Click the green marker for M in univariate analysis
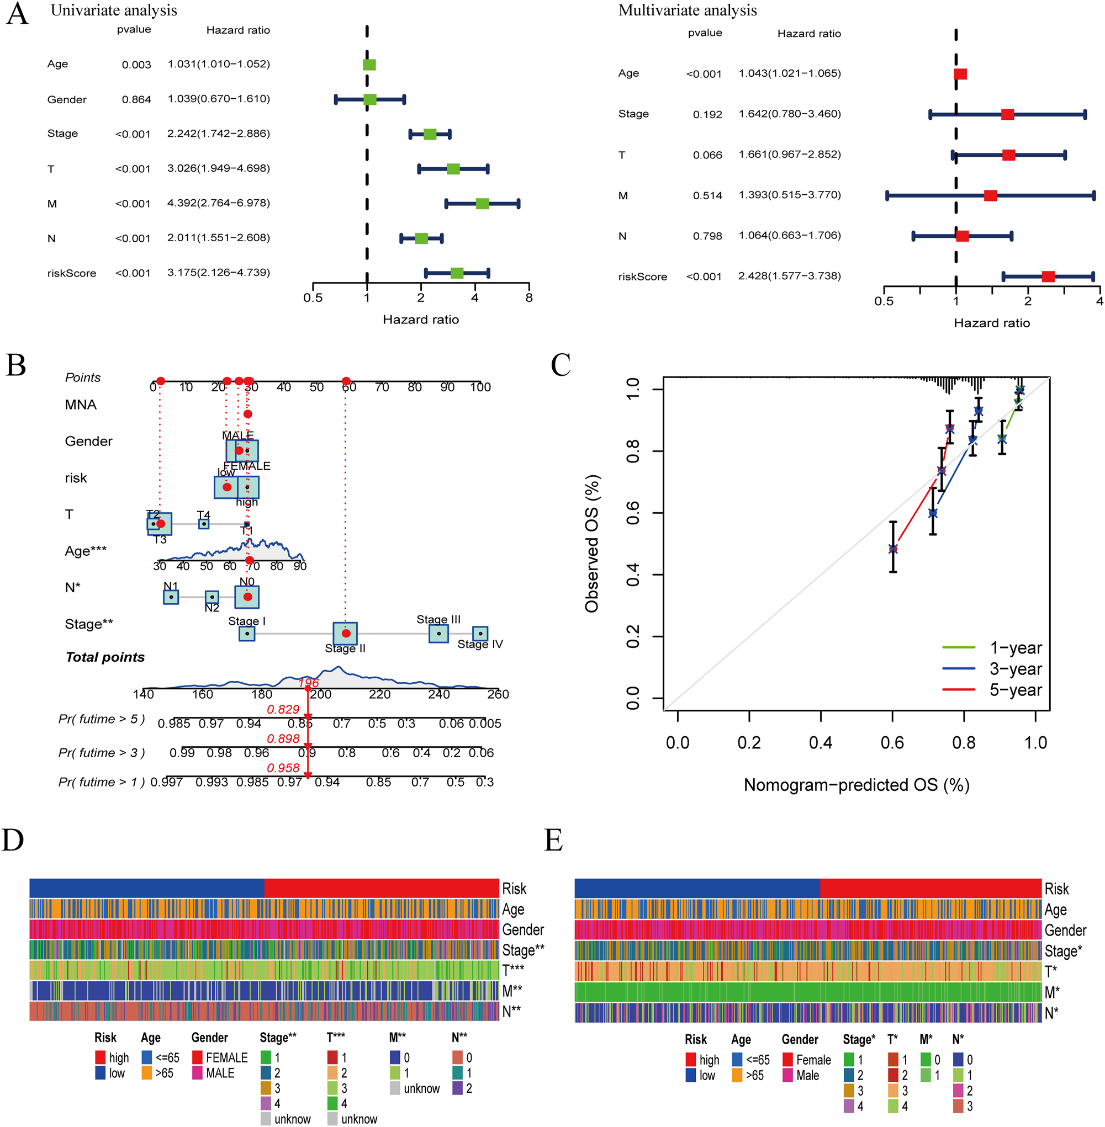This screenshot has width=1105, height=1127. click(482, 204)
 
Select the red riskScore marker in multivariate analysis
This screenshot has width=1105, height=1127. click(1048, 277)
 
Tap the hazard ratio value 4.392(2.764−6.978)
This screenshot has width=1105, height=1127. click(218, 203)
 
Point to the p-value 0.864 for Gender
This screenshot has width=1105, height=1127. click(136, 100)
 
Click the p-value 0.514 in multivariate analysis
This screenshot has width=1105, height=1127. click(707, 196)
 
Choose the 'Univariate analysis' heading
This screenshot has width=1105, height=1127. click(114, 10)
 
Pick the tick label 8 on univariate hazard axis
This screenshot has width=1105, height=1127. click(528, 298)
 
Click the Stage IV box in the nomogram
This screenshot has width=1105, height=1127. click(480, 634)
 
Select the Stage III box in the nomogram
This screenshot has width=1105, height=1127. click(439, 634)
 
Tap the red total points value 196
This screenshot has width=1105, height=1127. click(309, 683)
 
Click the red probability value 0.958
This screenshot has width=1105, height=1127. click(283, 767)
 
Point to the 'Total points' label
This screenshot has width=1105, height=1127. click(105, 657)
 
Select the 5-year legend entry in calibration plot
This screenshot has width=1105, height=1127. click(1016, 690)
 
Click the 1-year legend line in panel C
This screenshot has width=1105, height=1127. click(958, 647)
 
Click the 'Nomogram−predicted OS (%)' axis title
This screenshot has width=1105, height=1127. click(856, 785)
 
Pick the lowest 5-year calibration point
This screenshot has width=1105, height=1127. click(893, 548)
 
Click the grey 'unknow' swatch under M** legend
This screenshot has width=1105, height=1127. click(395, 1088)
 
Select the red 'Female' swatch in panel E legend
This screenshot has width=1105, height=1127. click(787, 1060)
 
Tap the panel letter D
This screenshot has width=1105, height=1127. click(13, 839)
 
